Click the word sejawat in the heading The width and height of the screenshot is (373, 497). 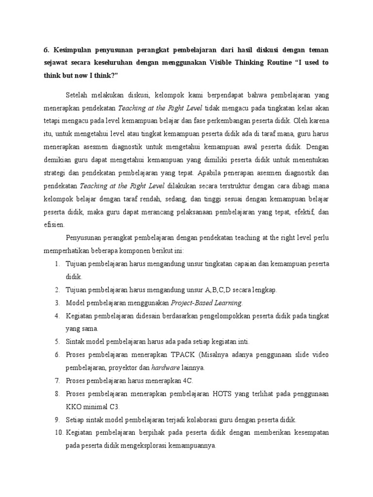click(x=58, y=63)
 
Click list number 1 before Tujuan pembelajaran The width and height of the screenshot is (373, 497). click(x=56, y=264)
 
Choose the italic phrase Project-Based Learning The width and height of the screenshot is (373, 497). click(x=206, y=303)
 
